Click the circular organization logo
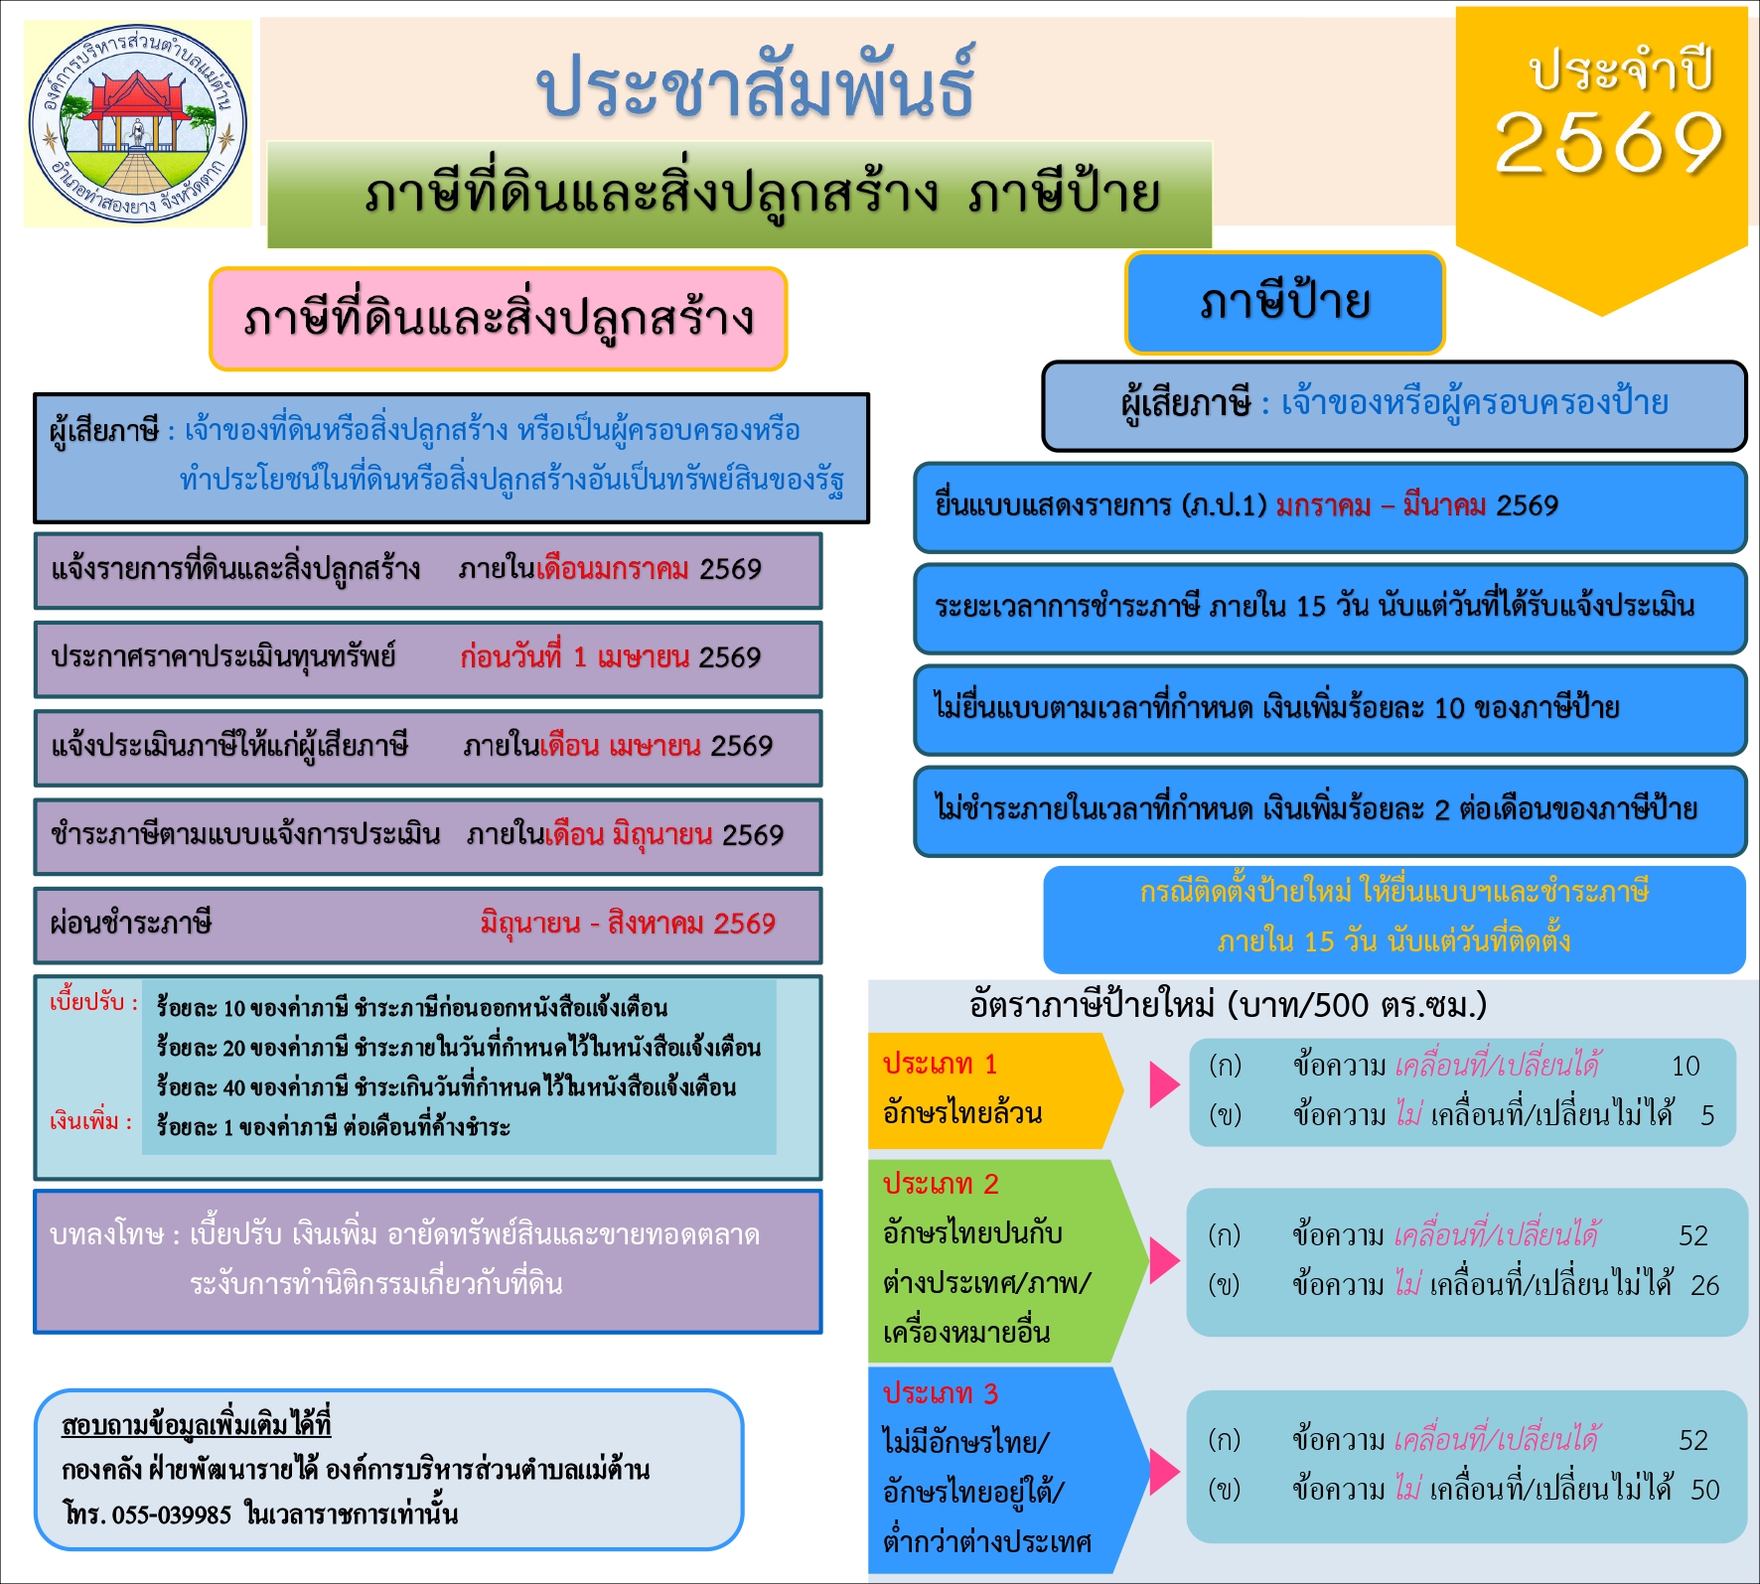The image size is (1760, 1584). tap(137, 125)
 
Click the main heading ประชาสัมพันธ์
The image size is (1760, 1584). tap(755, 87)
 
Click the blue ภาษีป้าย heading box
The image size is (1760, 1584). tap(1284, 303)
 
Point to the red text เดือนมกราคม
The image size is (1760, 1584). tap(613, 570)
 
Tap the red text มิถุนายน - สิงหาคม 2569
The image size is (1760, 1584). tap(628, 924)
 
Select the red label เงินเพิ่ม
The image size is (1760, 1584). tap(90, 1122)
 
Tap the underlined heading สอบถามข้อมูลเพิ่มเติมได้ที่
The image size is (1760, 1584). tap(196, 1425)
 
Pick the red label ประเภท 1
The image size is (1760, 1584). tap(940, 1065)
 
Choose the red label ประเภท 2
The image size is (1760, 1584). tap(940, 1184)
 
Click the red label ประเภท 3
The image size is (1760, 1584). tap(940, 1393)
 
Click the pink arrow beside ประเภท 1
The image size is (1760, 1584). tap(1163, 1084)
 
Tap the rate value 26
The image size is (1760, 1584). tap(1704, 1286)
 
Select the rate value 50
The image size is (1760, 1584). tap(1704, 1490)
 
